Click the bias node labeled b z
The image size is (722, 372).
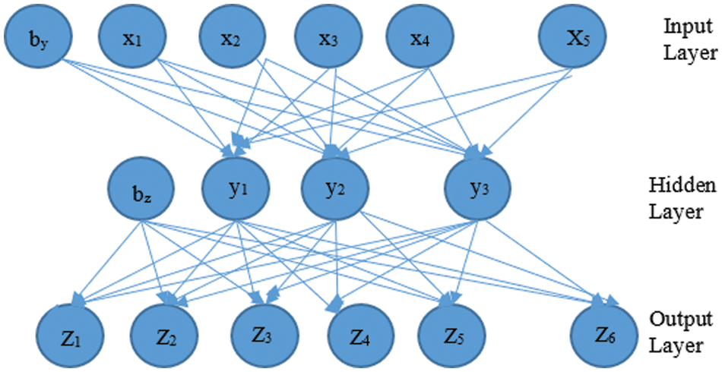tap(141, 191)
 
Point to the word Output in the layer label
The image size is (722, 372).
tap(681, 319)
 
